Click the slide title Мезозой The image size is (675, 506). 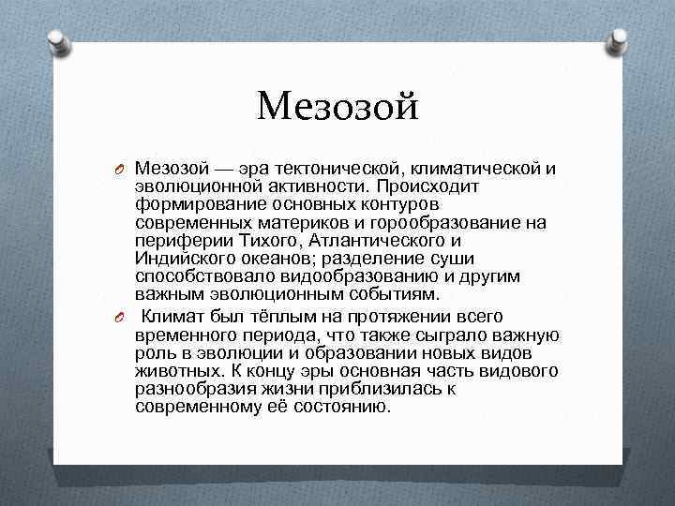(x=337, y=105)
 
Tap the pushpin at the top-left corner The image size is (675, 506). (x=57, y=39)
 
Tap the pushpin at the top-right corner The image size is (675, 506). (x=618, y=39)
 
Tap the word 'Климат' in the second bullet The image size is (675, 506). (x=176, y=318)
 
